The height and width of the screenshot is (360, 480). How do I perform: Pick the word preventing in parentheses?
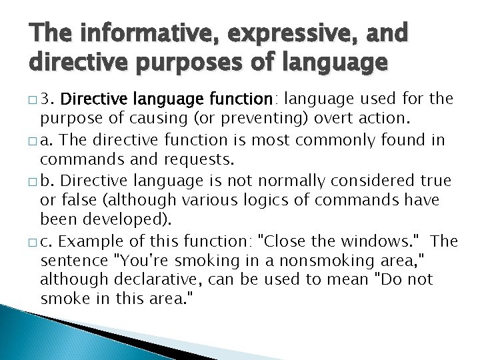point(246,119)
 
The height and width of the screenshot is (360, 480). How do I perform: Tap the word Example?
point(95,241)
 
